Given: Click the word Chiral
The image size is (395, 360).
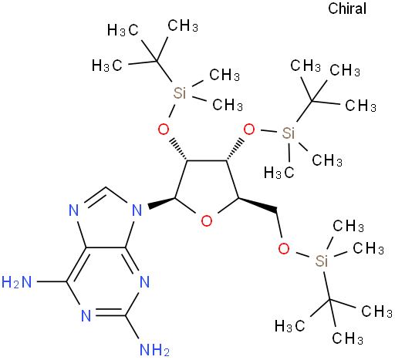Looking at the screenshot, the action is [x=347, y=8].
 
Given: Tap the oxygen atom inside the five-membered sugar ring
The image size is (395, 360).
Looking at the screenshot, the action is [x=207, y=221].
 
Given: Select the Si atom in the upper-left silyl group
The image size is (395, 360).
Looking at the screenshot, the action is [x=179, y=93].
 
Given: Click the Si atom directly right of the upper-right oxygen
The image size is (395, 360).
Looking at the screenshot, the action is [x=288, y=133].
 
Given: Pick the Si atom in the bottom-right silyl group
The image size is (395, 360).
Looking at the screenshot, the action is [x=322, y=261].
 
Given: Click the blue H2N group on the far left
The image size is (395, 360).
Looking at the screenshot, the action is [x=16, y=282].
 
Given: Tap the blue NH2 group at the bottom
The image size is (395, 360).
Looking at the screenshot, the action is [x=154, y=350].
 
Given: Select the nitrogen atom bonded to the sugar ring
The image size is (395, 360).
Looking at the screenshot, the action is [x=137, y=210].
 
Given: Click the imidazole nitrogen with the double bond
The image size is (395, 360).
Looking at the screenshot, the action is [x=74, y=210].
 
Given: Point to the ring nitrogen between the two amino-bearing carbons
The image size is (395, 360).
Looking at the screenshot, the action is [x=86, y=316].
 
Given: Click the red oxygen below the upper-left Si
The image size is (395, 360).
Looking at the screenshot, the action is [x=164, y=130].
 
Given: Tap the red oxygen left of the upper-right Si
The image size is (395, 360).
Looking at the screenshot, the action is [x=249, y=130].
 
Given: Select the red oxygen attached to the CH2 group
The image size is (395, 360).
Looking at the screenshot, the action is [x=284, y=248].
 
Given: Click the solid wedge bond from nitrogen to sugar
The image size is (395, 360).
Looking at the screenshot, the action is [x=161, y=203].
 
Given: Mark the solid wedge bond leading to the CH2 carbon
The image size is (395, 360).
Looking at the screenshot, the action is [x=258, y=205].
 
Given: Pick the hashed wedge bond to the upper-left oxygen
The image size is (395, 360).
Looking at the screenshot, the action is [x=178, y=150].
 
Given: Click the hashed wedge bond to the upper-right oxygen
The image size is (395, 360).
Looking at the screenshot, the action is [x=235, y=150].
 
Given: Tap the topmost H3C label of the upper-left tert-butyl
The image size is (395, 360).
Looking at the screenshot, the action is [x=123, y=30].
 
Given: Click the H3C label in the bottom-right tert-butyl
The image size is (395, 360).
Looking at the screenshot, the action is [x=289, y=326].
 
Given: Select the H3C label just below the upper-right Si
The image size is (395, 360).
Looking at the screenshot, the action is [x=279, y=172].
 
